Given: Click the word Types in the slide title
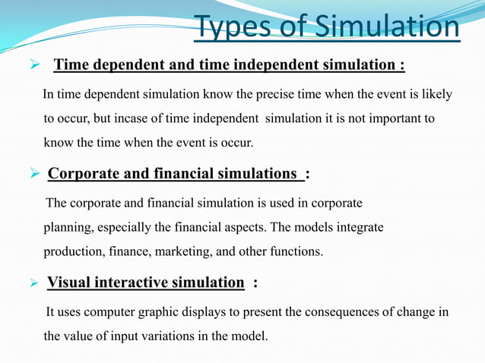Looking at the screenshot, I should click(230, 28).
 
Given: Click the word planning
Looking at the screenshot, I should click(68, 228).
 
